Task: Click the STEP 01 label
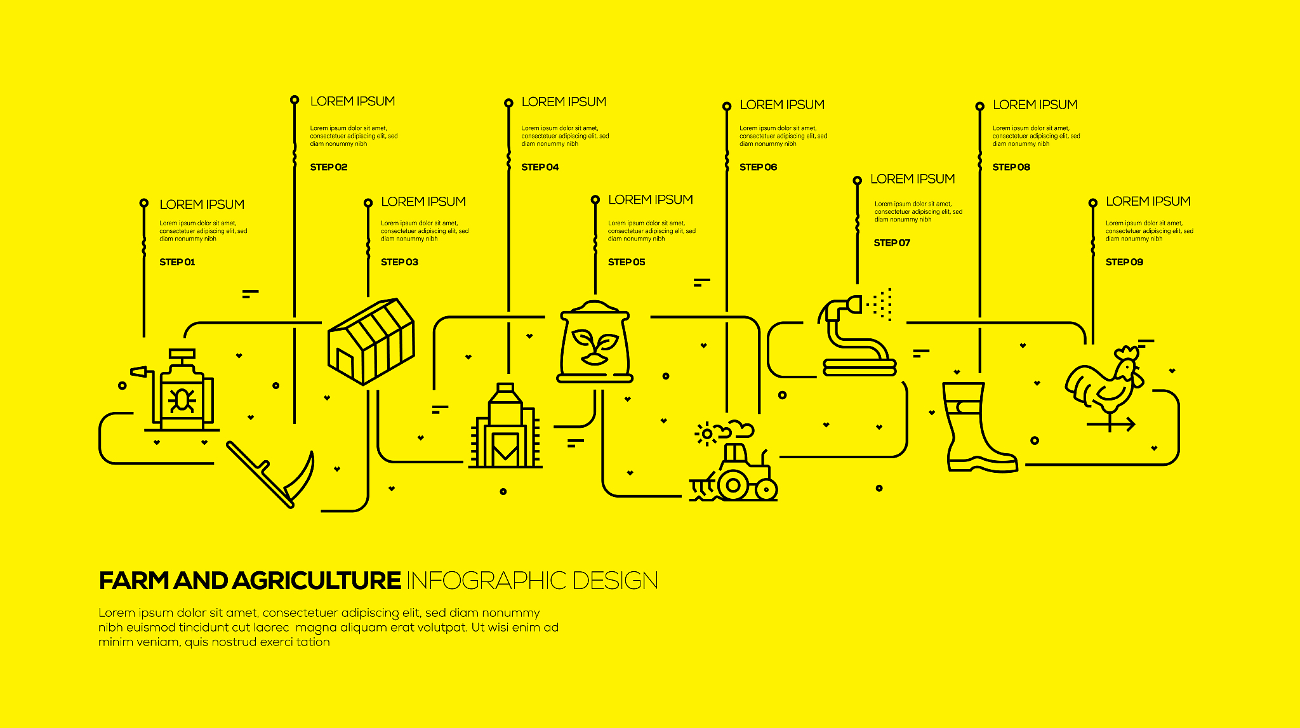[177, 262]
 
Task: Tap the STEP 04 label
[540, 167]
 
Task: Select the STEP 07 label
[892, 242]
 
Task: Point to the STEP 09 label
[1124, 262]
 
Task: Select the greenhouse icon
[371, 341]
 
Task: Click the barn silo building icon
[505, 426]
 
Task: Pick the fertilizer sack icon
[595, 341]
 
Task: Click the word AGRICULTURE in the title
[316, 581]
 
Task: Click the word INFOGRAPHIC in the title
[486, 581]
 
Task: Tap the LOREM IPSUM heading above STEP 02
[352, 102]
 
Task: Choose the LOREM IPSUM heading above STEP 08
[1035, 105]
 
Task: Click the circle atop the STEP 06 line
[727, 106]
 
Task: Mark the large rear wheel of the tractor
[733, 486]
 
